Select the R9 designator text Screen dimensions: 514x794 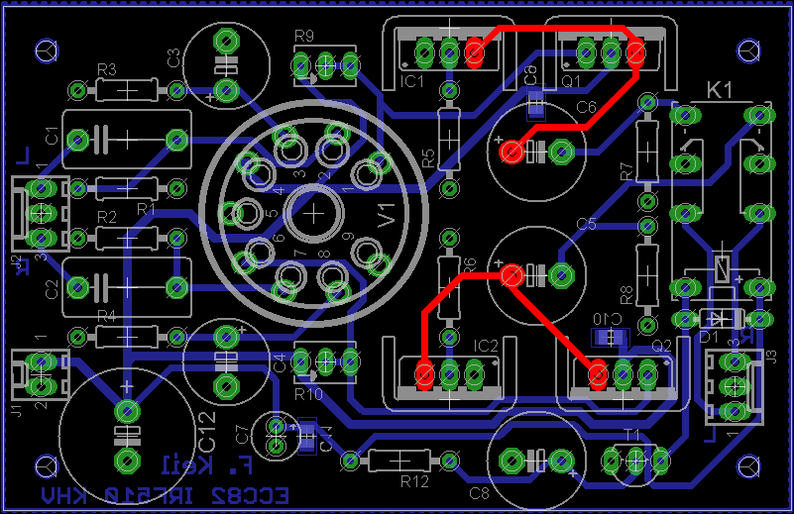click(x=303, y=37)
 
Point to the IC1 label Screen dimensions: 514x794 click(x=412, y=79)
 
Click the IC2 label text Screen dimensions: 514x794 click(x=486, y=346)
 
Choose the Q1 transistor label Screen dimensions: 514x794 click(x=572, y=79)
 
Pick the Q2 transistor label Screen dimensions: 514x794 click(x=662, y=345)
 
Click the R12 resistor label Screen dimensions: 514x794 click(x=414, y=481)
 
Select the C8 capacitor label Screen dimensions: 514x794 click(x=479, y=492)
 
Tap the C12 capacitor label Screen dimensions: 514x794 click(x=206, y=432)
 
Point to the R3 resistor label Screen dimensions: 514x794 click(x=106, y=69)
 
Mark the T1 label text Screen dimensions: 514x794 click(x=631, y=434)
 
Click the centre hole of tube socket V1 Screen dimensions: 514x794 click(x=313, y=212)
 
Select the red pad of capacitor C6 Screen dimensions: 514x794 click(x=511, y=152)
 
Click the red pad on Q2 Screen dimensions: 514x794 click(x=598, y=374)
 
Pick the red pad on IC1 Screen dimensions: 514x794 click(x=474, y=50)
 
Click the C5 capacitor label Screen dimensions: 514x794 click(x=587, y=224)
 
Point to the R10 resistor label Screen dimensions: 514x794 click(x=308, y=393)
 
